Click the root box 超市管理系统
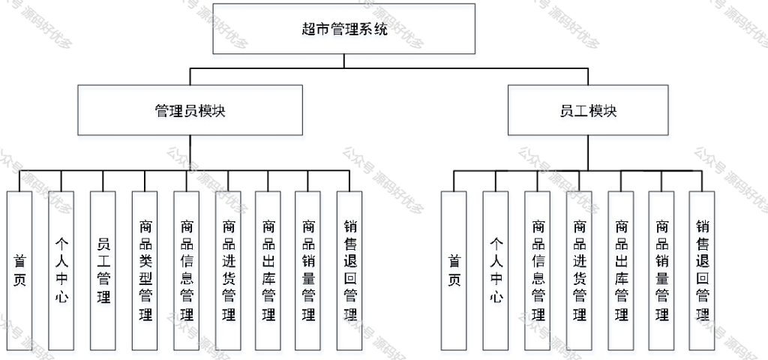click(343, 29)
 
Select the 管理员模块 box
click(190, 110)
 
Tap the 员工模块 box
click(588, 110)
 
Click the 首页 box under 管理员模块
click(19, 271)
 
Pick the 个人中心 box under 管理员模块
click(61, 271)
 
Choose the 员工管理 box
click(103, 271)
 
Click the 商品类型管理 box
click(145, 271)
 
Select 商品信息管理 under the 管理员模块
click(187, 271)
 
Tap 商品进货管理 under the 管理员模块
click(228, 271)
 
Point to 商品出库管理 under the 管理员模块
click(268, 271)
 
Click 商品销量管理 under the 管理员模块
click(308, 271)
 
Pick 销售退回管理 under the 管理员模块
click(349, 271)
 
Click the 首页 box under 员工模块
click(454, 271)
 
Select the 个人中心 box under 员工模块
click(496, 271)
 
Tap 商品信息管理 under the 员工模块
click(537, 271)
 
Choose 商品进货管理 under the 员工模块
click(579, 271)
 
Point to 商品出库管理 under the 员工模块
click(621, 271)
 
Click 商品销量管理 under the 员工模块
click(661, 271)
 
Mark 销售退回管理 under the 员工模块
click(702, 271)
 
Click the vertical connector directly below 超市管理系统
click(343, 61)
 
